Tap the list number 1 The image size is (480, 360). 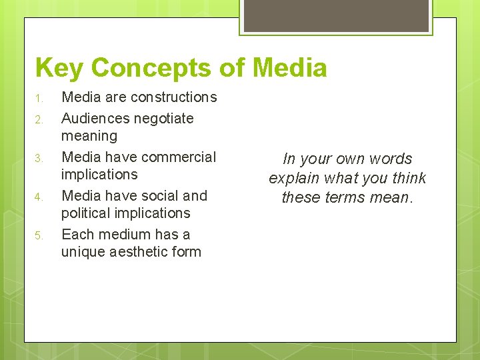point(39,99)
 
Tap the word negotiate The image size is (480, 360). point(163,119)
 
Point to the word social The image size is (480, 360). point(159,196)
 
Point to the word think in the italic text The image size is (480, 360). point(407,179)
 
